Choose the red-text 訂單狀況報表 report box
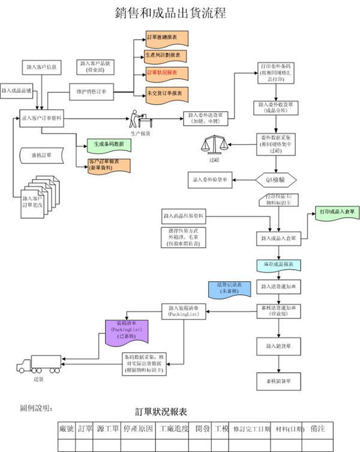[166, 73]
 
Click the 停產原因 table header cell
[139, 430]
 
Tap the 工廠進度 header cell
[175, 430]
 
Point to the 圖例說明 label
[36, 408]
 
